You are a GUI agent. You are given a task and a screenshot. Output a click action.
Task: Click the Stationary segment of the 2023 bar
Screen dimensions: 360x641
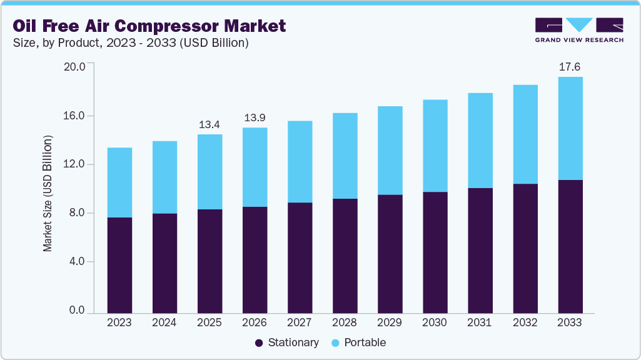(119, 265)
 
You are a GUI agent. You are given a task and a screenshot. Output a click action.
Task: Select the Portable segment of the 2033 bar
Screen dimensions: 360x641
(570, 128)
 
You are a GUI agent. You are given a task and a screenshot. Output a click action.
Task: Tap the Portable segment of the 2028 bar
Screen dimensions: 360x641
(345, 156)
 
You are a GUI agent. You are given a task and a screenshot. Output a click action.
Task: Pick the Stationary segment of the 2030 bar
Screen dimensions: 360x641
(435, 252)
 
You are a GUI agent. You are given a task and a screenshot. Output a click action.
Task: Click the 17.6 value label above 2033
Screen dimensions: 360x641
(570, 67)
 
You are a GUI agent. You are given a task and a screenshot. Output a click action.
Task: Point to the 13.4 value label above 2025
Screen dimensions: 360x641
(209, 124)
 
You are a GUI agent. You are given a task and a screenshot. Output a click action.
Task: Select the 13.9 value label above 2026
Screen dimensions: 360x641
(255, 117)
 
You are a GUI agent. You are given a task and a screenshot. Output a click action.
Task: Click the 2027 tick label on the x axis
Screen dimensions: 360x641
(300, 323)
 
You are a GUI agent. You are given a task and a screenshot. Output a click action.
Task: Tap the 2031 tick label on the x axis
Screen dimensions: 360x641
(480, 323)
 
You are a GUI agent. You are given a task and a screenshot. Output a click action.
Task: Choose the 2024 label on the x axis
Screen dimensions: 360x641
(164, 323)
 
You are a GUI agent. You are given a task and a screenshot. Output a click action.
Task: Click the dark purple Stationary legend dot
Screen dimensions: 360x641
(259, 343)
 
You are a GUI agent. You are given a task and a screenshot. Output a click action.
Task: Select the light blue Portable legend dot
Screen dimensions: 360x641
(335, 343)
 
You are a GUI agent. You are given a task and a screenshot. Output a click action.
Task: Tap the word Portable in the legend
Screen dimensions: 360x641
(365, 342)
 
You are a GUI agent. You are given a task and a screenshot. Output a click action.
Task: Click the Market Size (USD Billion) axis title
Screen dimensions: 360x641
(48, 193)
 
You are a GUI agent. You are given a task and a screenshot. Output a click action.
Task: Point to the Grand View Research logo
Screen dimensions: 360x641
(578, 29)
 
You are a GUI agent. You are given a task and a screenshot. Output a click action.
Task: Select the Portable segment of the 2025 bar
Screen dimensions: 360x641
(209, 172)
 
